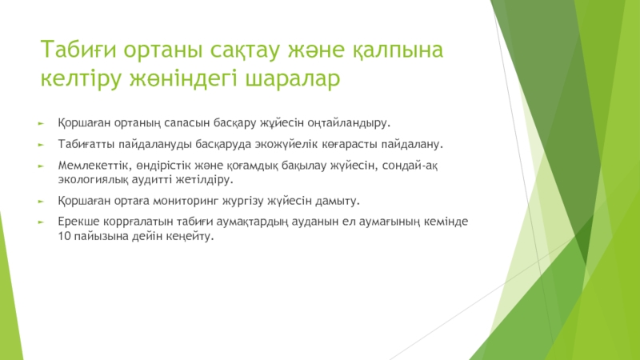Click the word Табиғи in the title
coord(78,50)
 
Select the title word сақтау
coord(245,50)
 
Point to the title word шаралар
coord(292,78)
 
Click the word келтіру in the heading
coord(81,78)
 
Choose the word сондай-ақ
coord(410,166)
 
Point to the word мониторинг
coord(187,202)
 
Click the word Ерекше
coord(78,222)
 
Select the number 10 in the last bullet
coord(65,236)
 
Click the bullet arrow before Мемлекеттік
coord(41,166)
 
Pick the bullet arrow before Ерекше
coord(41,222)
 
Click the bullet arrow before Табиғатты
coord(41,145)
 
